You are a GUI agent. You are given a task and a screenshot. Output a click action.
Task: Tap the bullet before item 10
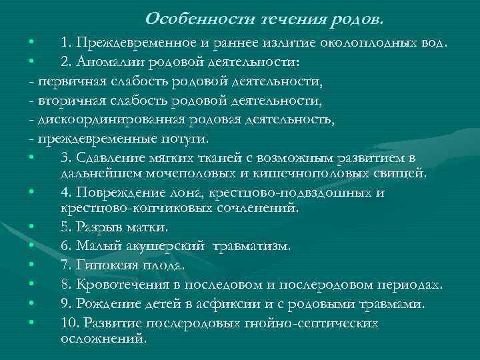tap(31, 323)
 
